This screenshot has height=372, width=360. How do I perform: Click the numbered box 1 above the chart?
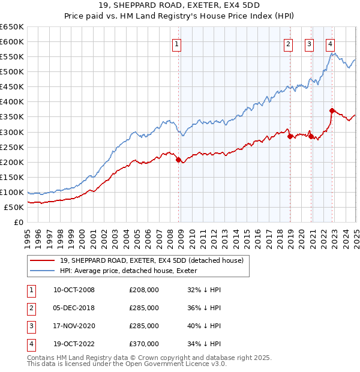pyautogui.click(x=178, y=43)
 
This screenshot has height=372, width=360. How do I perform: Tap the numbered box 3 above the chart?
pyautogui.click(x=309, y=43)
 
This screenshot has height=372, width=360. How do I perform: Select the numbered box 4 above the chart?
pyautogui.click(x=331, y=43)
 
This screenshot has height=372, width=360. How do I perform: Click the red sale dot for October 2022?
pyautogui.click(x=332, y=110)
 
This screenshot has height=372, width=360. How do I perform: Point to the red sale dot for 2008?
pyautogui.click(x=178, y=160)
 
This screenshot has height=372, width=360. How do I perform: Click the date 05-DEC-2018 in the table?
pyautogui.click(x=74, y=308)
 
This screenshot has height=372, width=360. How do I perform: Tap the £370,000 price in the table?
pyautogui.click(x=144, y=344)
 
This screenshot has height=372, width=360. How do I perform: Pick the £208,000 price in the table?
pyautogui.click(x=144, y=290)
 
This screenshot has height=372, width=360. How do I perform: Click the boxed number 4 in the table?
pyautogui.click(x=30, y=344)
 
